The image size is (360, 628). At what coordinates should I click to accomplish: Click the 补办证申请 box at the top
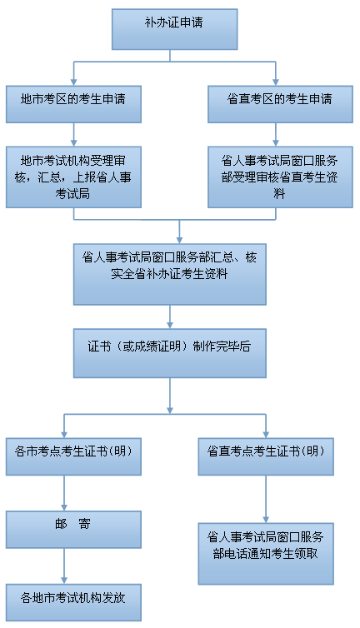(175, 29)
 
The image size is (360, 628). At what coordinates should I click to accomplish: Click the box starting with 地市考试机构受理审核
(73, 177)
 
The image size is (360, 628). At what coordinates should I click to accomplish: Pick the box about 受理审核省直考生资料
(274, 177)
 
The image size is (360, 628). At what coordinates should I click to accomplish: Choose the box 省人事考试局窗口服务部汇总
(170, 273)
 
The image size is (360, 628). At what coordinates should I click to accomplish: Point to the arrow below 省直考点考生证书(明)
(266, 500)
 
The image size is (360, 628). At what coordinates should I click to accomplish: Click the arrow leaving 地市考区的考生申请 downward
(73, 135)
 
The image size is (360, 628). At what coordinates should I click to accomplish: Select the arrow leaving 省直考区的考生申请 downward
(275, 135)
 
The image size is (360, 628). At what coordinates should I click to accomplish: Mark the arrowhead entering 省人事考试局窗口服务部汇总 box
(180, 237)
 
